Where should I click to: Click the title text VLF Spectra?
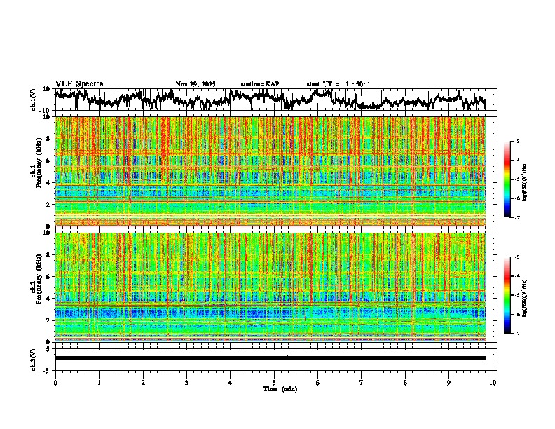[x=79, y=84]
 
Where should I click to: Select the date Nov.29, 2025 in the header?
[x=196, y=84]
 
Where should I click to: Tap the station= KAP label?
[x=260, y=84]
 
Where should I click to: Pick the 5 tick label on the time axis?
[x=274, y=382]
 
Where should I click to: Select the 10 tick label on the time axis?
[x=493, y=382]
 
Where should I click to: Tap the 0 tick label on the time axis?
[x=55, y=382]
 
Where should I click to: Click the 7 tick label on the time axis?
[x=362, y=382]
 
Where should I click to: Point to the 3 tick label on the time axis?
[x=186, y=382]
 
